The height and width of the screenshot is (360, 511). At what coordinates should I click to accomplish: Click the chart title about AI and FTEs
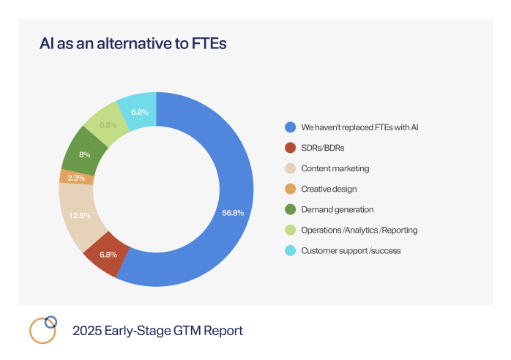133,44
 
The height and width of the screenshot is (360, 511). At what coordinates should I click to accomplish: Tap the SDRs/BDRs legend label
324,147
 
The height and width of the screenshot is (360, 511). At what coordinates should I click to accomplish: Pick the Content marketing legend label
335,168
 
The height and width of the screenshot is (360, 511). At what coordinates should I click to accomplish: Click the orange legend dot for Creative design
291,189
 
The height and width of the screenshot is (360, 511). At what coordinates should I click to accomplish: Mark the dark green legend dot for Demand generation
291,209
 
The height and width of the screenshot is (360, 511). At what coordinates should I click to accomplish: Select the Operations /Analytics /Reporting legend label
359,230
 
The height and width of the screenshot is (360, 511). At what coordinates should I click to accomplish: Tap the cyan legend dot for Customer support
291,250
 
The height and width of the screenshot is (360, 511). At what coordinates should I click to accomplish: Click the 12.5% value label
80,215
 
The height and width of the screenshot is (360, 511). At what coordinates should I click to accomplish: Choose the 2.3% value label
76,178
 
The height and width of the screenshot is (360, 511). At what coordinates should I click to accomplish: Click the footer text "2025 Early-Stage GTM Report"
157,331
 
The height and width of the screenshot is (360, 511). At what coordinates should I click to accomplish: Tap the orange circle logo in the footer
41,331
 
